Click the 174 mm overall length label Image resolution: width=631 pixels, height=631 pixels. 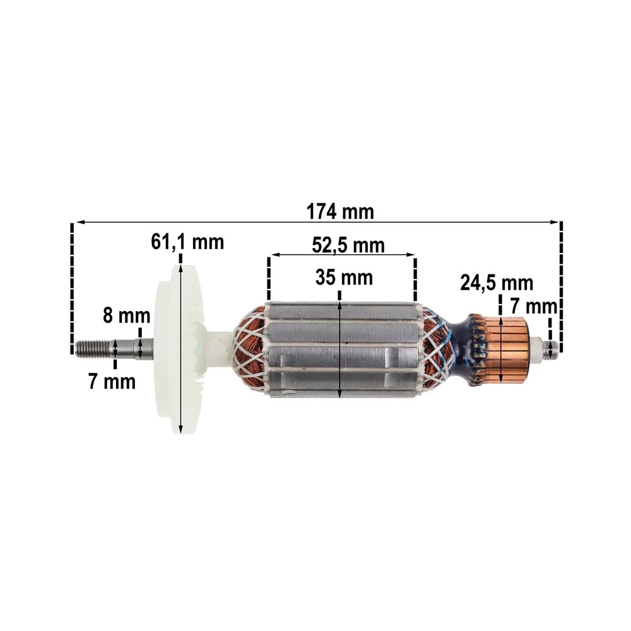coord(340,211)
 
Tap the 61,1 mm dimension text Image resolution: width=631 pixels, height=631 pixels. coord(187,242)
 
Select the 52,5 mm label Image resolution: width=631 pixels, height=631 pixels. coord(348,245)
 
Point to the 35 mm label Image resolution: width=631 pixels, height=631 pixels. coord(344,277)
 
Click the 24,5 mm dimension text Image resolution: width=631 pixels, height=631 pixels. coord(497,283)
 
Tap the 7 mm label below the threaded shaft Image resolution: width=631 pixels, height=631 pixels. coord(112,381)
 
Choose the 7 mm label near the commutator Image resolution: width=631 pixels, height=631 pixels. coord(534,306)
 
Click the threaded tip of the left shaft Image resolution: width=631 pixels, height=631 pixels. coord(92,347)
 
